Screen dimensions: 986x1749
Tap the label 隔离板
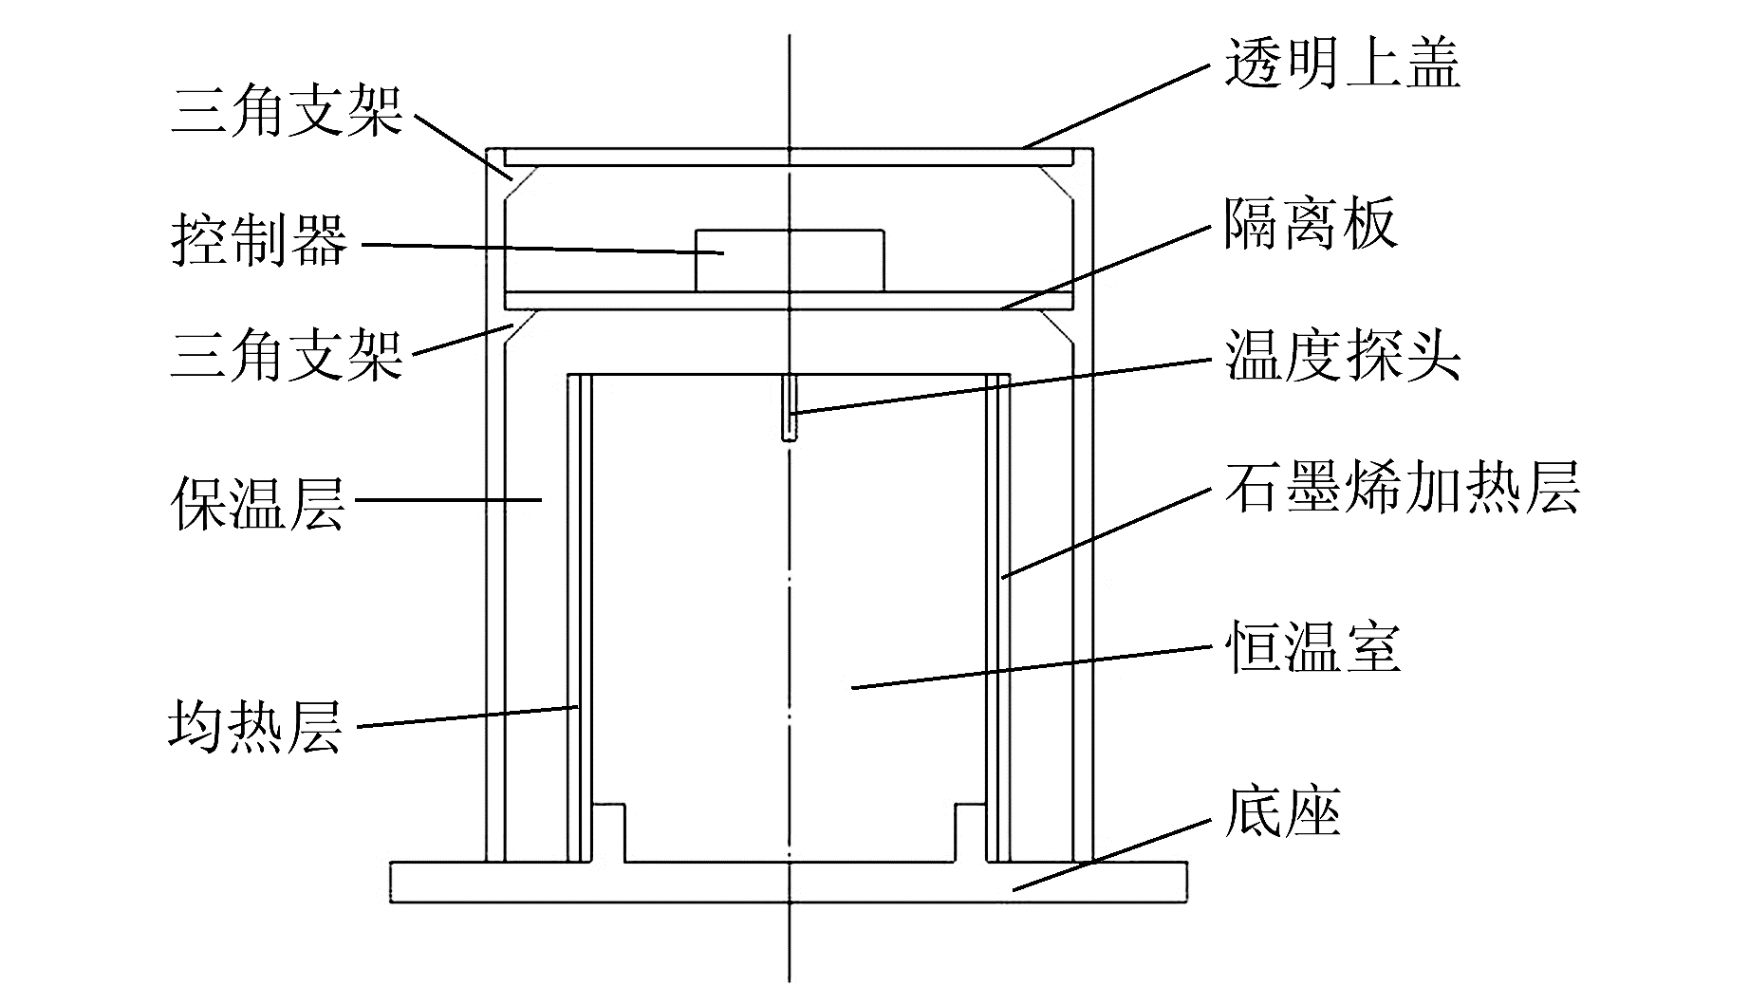tap(1311, 225)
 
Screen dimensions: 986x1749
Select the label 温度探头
tap(1342, 357)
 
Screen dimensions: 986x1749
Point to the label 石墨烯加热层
tap(1402, 490)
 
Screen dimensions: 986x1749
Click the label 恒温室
tap(1313, 648)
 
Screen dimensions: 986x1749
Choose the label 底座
tap(1282, 814)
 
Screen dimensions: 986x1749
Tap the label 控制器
tap(258, 240)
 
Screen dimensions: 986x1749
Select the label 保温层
tap(258, 502)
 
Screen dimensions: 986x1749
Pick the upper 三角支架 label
tap(287, 111)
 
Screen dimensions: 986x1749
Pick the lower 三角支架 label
tap(287, 355)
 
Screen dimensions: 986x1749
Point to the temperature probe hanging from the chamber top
tap(790, 408)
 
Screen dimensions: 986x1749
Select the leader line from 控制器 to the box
tap(541, 249)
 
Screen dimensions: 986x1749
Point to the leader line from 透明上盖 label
tap(1120, 104)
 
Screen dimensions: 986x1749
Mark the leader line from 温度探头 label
tap(1006, 384)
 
